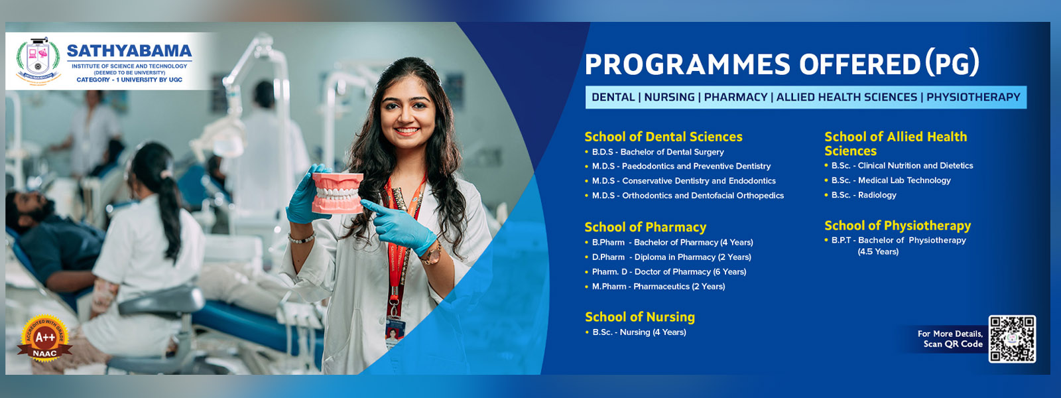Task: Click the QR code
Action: pyautogui.click(x=1012, y=339)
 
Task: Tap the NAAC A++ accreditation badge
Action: pyautogui.click(x=44, y=339)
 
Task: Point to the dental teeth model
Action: pyautogui.click(x=338, y=192)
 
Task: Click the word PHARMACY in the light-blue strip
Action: pyautogui.click(x=735, y=98)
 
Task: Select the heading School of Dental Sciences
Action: pyautogui.click(x=663, y=137)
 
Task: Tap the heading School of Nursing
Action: pyautogui.click(x=640, y=317)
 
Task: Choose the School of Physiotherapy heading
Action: pyautogui.click(x=897, y=226)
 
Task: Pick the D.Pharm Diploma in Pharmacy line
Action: pyautogui.click(x=671, y=257)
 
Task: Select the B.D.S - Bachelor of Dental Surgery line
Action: pyautogui.click(x=658, y=152)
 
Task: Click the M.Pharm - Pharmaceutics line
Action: pyautogui.click(x=658, y=287)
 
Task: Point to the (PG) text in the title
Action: pyautogui.click(x=952, y=64)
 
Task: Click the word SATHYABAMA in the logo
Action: pyautogui.click(x=129, y=51)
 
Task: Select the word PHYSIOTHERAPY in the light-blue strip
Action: pyautogui.click(x=973, y=98)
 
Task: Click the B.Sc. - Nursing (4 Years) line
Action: pyautogui.click(x=639, y=332)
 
